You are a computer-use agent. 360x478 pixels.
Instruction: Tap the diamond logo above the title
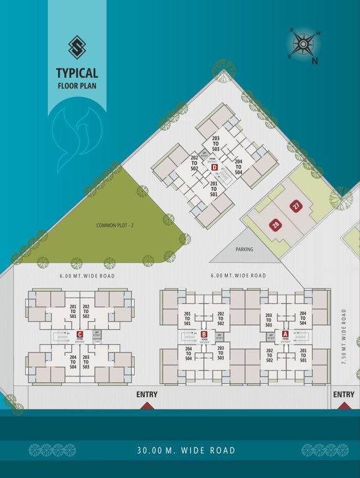click(77, 47)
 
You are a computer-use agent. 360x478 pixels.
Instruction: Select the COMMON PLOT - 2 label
click(111, 225)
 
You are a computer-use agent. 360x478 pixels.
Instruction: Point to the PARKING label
click(245, 249)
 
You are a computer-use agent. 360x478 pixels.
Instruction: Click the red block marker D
click(214, 167)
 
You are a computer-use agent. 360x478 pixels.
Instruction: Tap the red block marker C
click(80, 334)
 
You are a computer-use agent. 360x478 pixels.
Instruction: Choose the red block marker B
click(204, 334)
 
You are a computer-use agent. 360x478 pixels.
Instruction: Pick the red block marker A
click(285, 334)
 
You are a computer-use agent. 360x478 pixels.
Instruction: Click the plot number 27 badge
click(296, 206)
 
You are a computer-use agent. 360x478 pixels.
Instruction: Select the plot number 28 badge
click(275, 225)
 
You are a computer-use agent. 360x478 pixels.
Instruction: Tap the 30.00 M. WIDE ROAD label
click(187, 450)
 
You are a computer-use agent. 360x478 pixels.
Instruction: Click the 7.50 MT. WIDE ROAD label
click(343, 337)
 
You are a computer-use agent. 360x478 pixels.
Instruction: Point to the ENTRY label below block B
click(147, 395)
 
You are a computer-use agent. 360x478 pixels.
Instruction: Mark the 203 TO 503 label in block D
click(216, 144)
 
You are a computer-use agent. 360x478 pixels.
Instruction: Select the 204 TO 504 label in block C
click(73, 362)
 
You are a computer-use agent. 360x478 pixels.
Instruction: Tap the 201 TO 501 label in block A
click(303, 356)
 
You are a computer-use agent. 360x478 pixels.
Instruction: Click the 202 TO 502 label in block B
click(220, 319)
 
